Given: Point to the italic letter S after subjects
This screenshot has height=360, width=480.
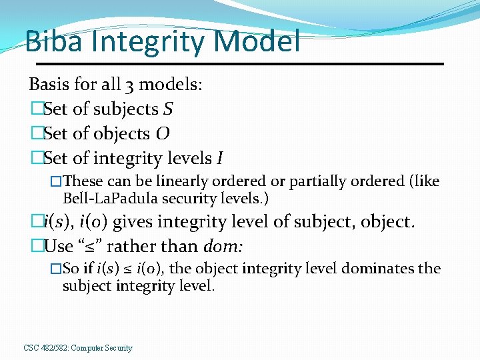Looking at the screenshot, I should coord(169,109).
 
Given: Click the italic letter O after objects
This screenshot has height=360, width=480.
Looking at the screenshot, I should coord(162,133).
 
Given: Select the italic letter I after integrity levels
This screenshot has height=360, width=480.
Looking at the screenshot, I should coord(219,158).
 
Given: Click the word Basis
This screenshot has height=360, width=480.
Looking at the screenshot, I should coord(47,85).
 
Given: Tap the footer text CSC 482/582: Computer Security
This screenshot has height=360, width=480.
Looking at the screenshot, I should coord(78,348).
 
